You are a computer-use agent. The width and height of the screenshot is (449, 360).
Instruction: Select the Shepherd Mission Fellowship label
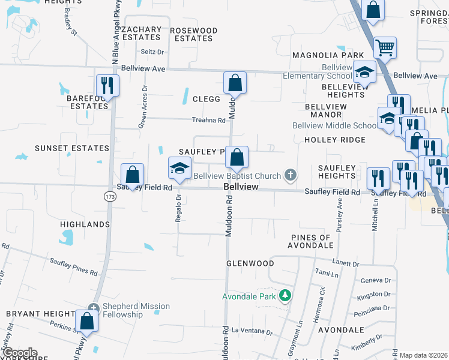point(136,310)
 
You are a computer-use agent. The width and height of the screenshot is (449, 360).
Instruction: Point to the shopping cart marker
point(385,47)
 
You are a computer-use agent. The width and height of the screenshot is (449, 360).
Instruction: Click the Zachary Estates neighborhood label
point(141,33)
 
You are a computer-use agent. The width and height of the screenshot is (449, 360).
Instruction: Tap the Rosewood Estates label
point(193,34)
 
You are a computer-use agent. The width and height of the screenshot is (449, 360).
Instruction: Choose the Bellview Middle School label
point(335,126)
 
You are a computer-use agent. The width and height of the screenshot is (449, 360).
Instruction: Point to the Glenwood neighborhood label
point(250,263)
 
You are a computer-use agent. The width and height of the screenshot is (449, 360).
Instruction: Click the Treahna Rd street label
point(208,120)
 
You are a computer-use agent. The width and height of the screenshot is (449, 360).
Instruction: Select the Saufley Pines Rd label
point(73,266)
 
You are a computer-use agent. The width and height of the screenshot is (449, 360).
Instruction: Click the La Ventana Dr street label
point(252,332)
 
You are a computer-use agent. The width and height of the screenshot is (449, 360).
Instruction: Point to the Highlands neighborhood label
point(85,224)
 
